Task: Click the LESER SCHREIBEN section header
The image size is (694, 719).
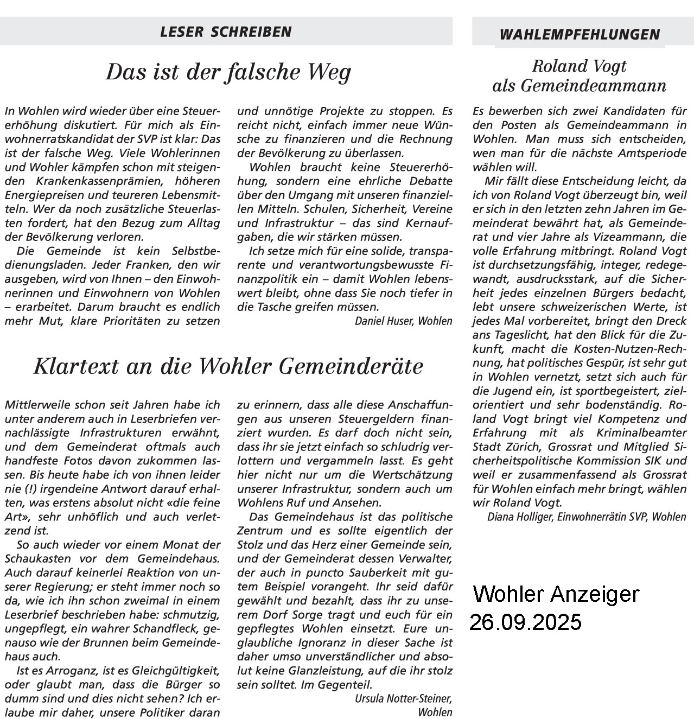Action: pos(226,32)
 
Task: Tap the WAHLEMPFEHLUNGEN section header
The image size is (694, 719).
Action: pos(580,35)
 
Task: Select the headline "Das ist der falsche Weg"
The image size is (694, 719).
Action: pos(228,72)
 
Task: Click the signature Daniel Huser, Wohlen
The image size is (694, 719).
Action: pos(403,321)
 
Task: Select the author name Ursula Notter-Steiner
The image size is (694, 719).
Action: pos(403,698)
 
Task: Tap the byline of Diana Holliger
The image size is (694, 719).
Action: pos(586,517)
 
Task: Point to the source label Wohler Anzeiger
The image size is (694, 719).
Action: pos(556,594)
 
